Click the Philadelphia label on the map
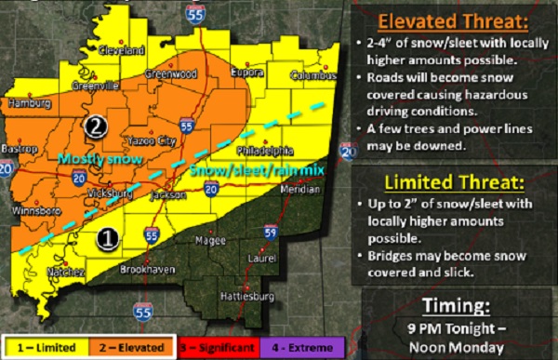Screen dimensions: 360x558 [x=266, y=149]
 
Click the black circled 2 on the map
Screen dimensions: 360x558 [x=96, y=125]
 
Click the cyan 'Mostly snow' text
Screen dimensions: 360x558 [x=100, y=159]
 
